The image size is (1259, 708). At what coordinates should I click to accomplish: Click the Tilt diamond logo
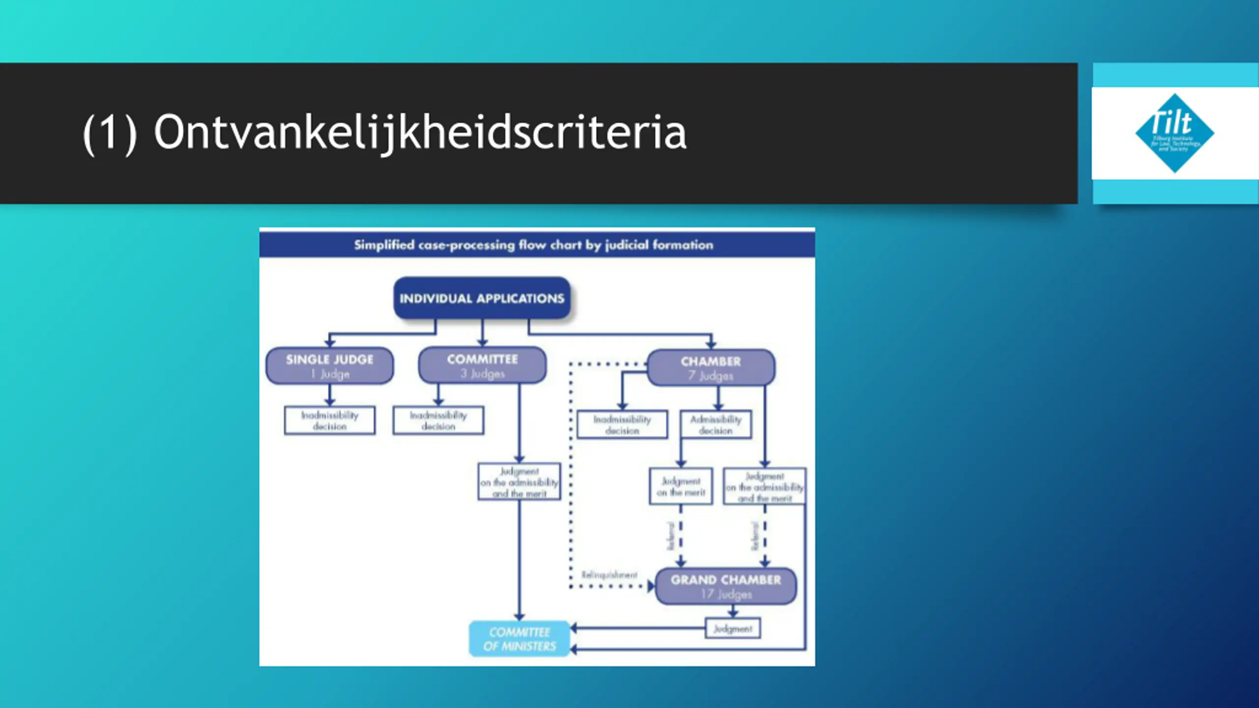(x=1174, y=133)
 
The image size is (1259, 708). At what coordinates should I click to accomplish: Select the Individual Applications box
(x=482, y=298)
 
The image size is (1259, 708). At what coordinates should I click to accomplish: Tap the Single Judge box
(x=330, y=366)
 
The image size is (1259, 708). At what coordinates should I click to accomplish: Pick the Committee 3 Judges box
(x=482, y=365)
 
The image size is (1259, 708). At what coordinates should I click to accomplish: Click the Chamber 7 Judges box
(x=711, y=368)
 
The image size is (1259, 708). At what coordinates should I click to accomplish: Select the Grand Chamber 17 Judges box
(x=726, y=586)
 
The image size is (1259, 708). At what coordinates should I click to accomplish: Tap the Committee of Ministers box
(x=519, y=639)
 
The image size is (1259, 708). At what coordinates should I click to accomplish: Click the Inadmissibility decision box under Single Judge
(x=330, y=420)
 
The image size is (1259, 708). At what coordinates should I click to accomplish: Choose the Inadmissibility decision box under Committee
(x=438, y=420)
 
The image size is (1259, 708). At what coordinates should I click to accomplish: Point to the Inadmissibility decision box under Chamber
(x=622, y=424)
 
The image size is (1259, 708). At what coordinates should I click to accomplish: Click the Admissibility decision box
(x=716, y=424)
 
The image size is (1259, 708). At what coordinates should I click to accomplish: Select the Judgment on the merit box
(x=681, y=486)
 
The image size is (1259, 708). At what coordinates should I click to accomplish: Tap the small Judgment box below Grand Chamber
(x=733, y=628)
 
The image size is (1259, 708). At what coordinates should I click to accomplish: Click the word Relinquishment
(x=609, y=575)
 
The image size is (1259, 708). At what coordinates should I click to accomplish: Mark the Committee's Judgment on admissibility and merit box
(x=519, y=482)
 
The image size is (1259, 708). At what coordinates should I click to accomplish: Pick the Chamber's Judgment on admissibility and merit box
(x=764, y=487)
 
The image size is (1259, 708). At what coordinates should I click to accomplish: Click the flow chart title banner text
(x=534, y=245)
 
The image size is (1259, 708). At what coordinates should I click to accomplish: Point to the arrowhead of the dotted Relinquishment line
(x=651, y=586)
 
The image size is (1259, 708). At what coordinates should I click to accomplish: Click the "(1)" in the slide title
(x=110, y=133)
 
